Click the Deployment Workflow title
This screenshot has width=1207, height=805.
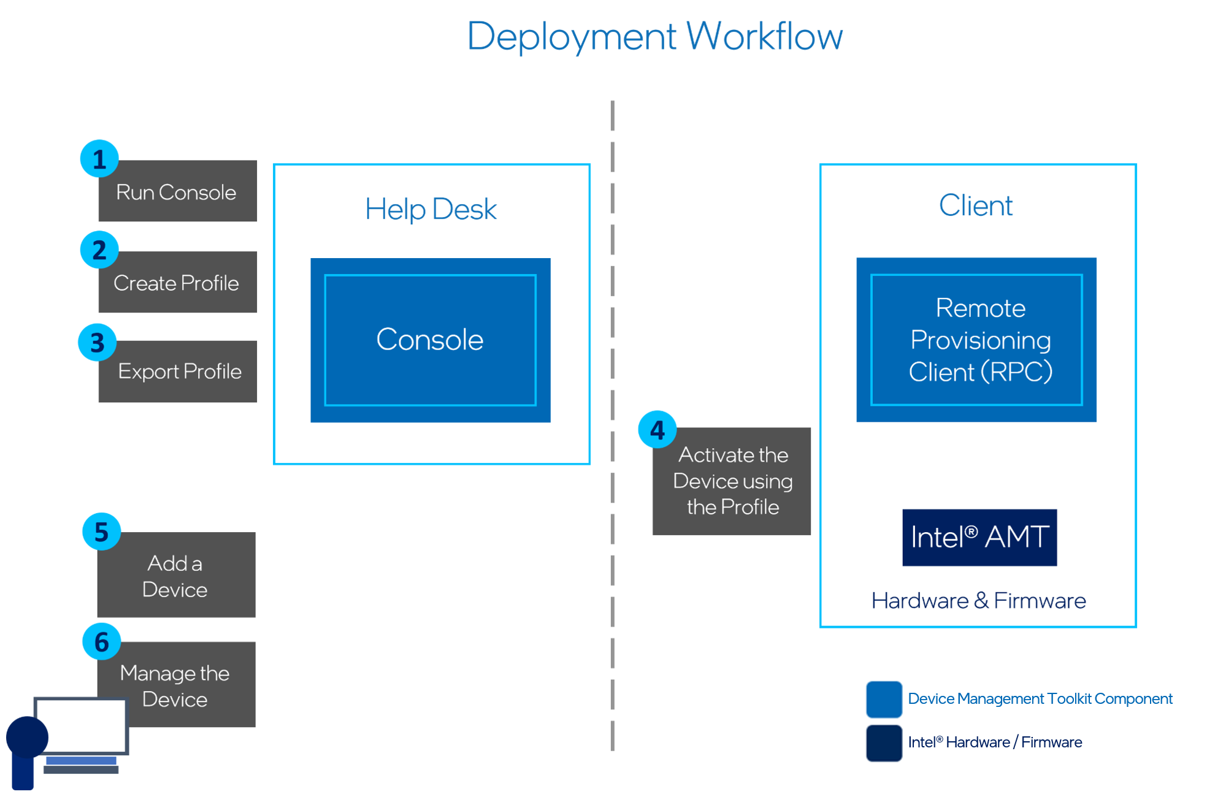coord(654,36)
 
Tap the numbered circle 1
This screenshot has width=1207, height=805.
coord(99,159)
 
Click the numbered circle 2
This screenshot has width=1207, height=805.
coord(99,250)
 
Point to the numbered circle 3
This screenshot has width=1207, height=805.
coord(98,342)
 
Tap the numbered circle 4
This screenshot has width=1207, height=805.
coord(657,429)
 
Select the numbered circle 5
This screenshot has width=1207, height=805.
coord(101,531)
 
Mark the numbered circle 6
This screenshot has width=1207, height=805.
coord(101,641)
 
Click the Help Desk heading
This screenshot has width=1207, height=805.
coord(430,209)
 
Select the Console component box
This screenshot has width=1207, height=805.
coord(430,340)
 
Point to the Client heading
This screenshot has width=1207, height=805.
coord(975,205)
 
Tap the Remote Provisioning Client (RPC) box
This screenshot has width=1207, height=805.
coord(976,340)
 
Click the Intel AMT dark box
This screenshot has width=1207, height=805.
coord(979,537)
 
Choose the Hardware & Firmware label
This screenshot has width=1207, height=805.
coord(978,600)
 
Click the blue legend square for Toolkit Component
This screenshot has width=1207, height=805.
coord(883,699)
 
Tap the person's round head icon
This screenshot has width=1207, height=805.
coord(27,736)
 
